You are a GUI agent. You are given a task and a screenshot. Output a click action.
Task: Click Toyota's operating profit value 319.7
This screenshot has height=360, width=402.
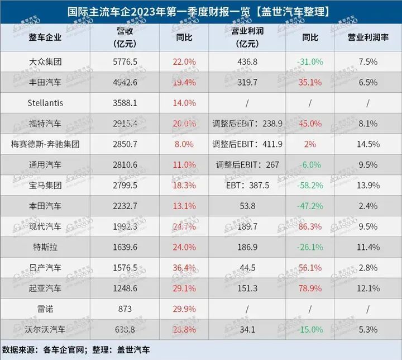tap(247, 82)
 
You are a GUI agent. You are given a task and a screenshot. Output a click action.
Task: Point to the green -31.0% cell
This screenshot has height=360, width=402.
tap(310, 61)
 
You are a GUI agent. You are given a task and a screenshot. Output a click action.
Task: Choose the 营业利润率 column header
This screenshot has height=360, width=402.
tap(368, 37)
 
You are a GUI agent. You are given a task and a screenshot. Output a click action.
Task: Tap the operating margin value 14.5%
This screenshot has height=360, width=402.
tap(368, 144)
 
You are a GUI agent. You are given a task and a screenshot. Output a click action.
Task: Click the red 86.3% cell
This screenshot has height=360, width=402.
tap(310, 226)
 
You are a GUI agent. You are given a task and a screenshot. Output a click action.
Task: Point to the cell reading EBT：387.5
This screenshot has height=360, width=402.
tap(247, 185)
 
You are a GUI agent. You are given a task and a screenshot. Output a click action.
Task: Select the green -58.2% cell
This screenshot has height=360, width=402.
tap(310, 185)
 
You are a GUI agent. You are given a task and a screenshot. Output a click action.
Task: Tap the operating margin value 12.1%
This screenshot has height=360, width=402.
tap(368, 288)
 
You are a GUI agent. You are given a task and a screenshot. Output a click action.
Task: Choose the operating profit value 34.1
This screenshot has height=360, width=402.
tap(247, 329)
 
